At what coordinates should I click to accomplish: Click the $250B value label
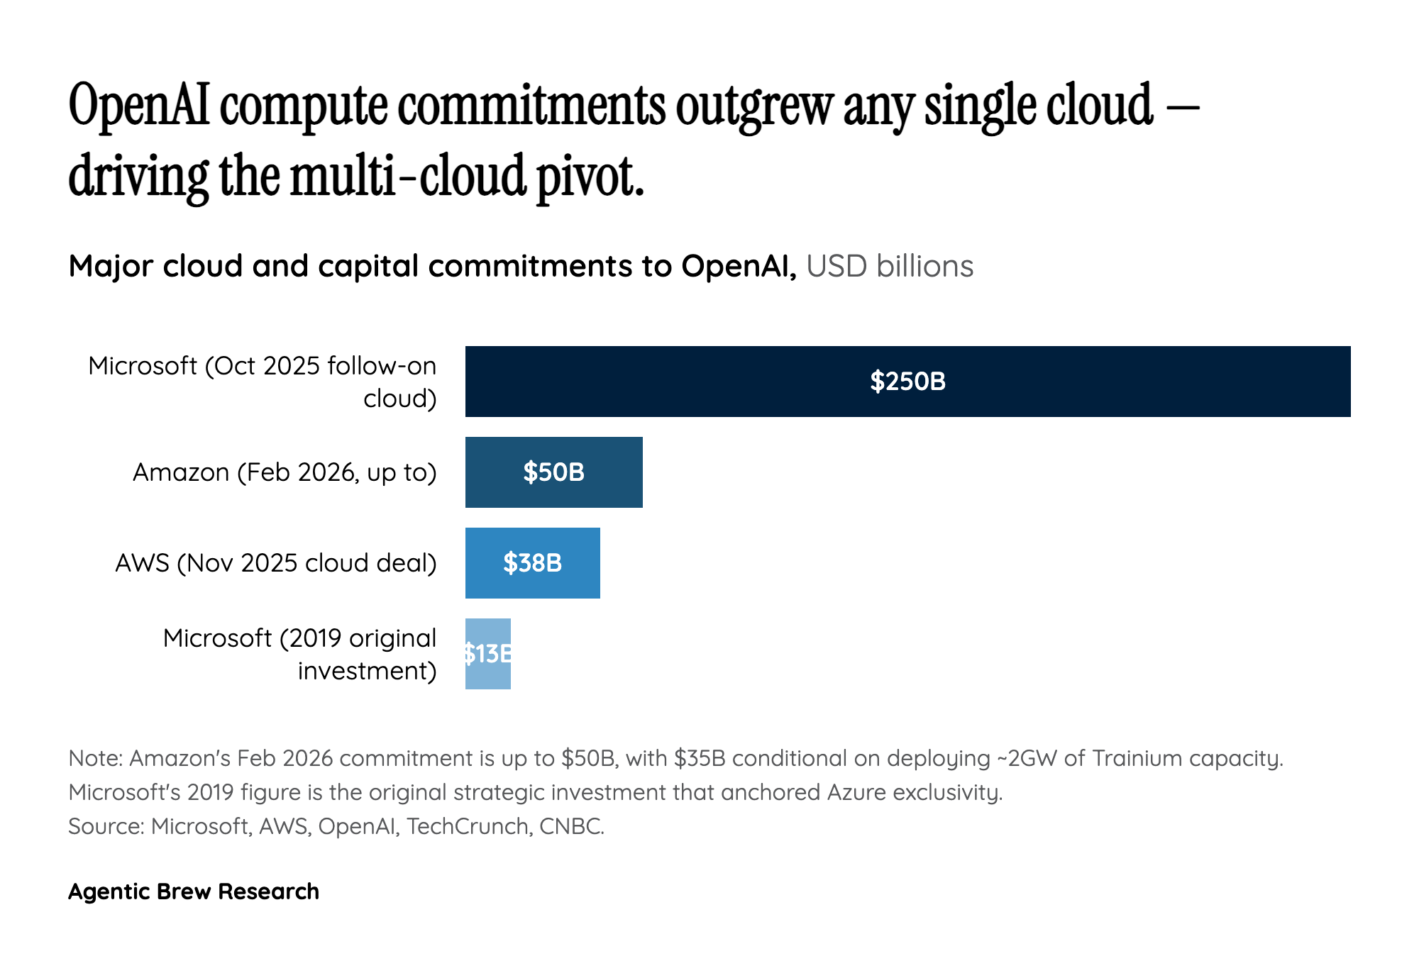click(x=907, y=382)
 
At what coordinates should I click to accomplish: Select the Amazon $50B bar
click(x=553, y=472)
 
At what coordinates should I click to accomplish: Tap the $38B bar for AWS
click(x=532, y=563)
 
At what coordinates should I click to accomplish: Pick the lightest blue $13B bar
click(x=487, y=654)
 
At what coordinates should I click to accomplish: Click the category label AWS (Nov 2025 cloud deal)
click(x=275, y=563)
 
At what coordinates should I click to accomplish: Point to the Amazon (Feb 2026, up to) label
click(x=285, y=472)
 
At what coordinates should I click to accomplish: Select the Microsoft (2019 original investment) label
click(x=299, y=654)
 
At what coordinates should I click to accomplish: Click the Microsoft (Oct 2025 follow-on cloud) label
click(x=263, y=382)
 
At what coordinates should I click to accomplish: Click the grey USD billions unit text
click(x=890, y=267)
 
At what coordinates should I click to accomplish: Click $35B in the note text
click(x=700, y=758)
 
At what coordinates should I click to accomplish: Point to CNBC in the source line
click(x=571, y=826)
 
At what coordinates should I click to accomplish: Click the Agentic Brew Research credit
click(x=194, y=891)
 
